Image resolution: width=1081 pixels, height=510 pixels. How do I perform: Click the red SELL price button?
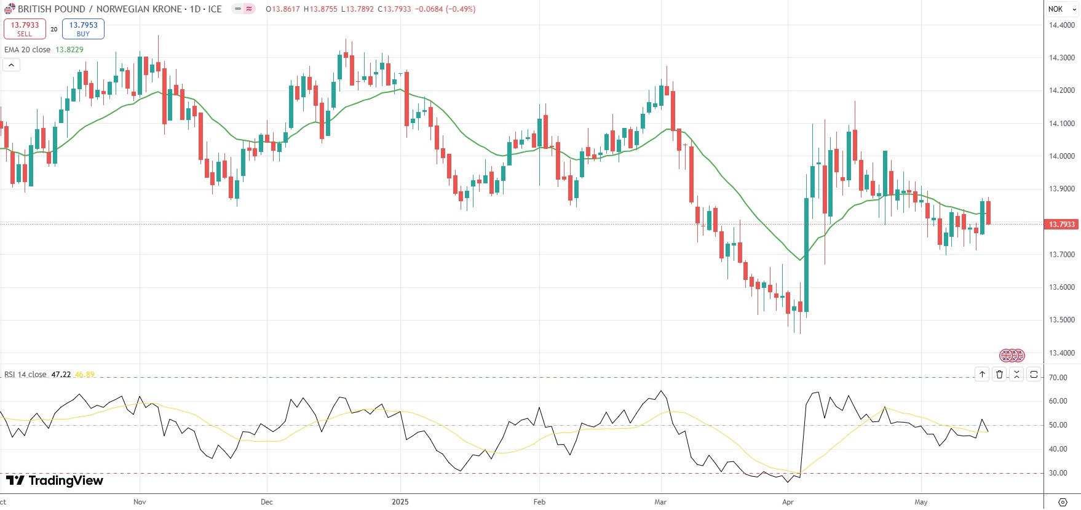(x=25, y=29)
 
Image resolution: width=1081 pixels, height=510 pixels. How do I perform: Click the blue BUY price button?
(x=83, y=29)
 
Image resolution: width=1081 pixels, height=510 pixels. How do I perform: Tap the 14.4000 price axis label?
(x=1061, y=25)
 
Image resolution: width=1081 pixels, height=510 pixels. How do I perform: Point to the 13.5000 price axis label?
(x=1061, y=320)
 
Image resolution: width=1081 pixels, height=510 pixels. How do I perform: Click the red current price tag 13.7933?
(x=1061, y=225)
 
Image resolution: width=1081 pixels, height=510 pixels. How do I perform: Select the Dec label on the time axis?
(x=266, y=502)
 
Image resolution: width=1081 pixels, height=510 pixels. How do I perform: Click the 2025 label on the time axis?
(x=400, y=502)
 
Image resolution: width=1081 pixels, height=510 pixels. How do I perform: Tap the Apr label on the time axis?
(x=788, y=502)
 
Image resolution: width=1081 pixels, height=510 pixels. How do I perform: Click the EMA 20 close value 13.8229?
(x=69, y=50)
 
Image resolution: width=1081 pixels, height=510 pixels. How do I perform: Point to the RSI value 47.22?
(x=61, y=375)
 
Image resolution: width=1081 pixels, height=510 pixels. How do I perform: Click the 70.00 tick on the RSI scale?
(x=1058, y=378)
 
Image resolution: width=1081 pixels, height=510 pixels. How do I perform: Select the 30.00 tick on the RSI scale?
(x=1058, y=474)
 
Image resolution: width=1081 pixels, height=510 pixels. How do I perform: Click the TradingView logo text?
(x=65, y=480)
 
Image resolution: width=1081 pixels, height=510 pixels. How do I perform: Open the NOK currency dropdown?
(x=1062, y=9)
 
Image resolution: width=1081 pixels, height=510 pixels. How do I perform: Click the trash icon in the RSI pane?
(x=999, y=374)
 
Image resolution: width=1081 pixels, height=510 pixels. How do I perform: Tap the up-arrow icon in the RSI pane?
(x=982, y=374)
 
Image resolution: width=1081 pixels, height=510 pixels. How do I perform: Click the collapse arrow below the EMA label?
(x=12, y=65)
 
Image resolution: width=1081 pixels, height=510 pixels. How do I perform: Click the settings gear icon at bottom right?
(x=1063, y=502)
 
